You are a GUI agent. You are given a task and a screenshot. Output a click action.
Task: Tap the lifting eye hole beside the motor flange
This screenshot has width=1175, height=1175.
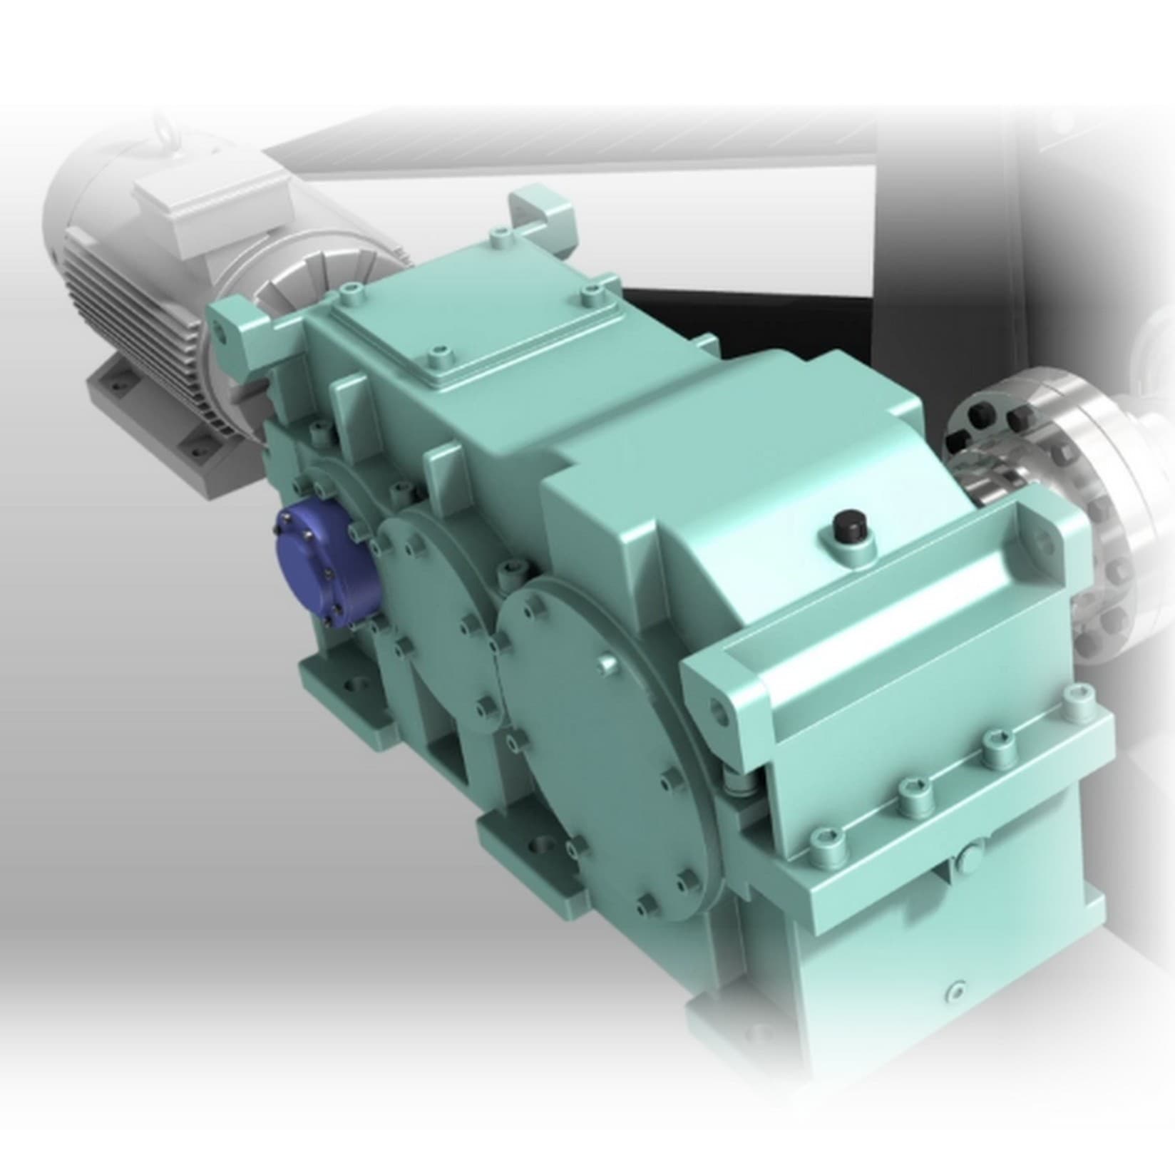coord(226,332)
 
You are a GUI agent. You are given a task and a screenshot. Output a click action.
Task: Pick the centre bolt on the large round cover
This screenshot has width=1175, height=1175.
coord(607,663)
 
